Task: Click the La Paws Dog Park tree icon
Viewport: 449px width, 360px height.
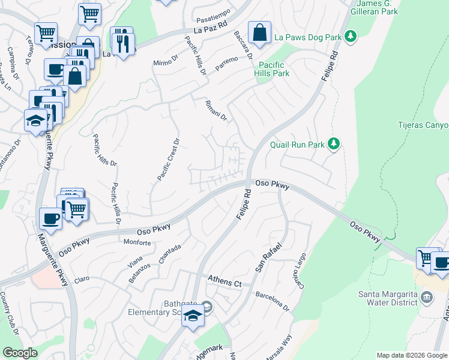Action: tap(351, 37)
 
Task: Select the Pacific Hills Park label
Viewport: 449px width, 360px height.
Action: tap(274, 69)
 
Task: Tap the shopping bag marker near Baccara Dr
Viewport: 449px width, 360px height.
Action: tap(259, 34)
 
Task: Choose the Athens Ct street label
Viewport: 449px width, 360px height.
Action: tap(224, 280)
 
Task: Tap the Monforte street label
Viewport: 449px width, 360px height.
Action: tap(137, 242)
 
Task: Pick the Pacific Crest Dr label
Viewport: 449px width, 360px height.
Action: tap(169, 160)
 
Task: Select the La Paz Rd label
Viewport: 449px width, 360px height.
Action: tap(211, 26)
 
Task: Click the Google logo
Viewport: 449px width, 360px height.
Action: tap(20, 353)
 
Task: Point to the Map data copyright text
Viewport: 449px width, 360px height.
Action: tap(412, 355)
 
